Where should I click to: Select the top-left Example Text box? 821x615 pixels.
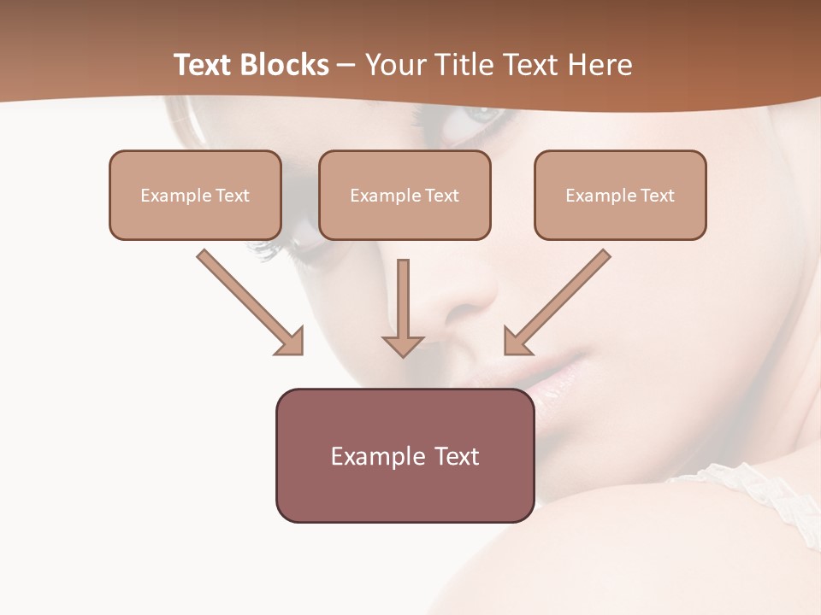click(195, 195)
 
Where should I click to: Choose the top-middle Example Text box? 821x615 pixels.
click(405, 195)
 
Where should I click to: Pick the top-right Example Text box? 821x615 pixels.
click(620, 195)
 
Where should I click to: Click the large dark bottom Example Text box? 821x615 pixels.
click(405, 455)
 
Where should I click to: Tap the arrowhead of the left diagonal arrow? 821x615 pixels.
click(291, 342)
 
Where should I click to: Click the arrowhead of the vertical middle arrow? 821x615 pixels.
click(403, 346)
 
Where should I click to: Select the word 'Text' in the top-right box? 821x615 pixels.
click(657, 196)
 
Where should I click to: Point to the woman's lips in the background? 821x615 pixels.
click(547, 376)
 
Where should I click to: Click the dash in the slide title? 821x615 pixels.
click(346, 65)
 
